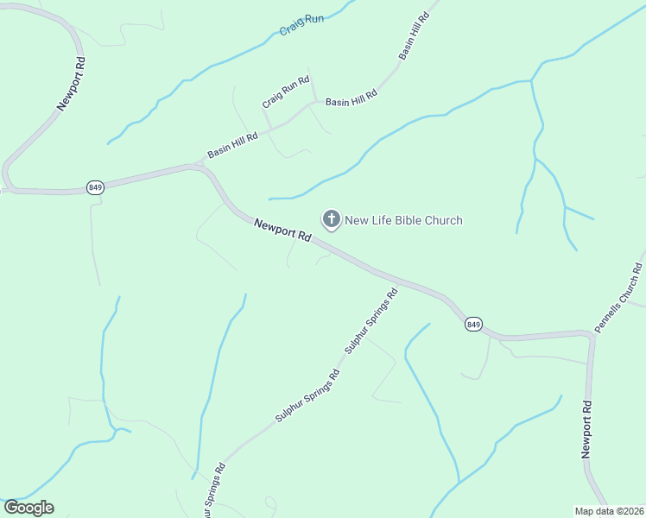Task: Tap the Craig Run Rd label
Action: tap(286, 92)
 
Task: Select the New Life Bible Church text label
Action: tap(403, 220)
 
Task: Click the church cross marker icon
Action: tap(331, 219)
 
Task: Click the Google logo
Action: tap(28, 508)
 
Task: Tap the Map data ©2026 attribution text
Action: tap(610, 511)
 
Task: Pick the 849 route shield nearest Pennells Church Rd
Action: tap(472, 324)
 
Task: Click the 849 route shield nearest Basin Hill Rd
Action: tap(95, 186)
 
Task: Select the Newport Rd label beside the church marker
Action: tap(282, 230)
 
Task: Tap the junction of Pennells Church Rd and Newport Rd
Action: tap(591, 336)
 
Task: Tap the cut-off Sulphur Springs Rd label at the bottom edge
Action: tap(214, 491)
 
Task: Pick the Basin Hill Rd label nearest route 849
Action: tap(233, 144)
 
